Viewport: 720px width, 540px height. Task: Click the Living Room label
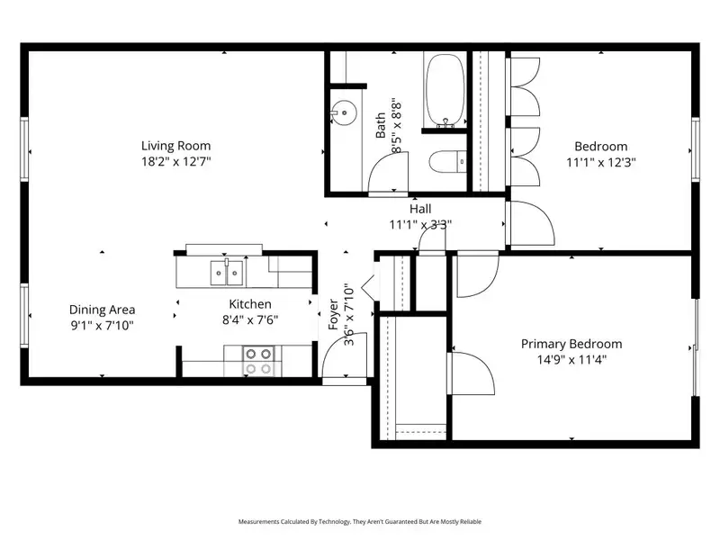point(175,146)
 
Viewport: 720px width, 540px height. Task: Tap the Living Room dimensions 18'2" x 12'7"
point(175,162)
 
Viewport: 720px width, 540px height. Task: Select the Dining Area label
point(102,310)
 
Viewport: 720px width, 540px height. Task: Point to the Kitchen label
point(250,304)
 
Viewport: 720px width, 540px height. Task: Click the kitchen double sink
point(227,273)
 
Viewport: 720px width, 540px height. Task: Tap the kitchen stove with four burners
point(257,361)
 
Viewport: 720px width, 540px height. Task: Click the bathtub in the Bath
point(445,91)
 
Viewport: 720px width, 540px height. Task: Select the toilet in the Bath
point(447,162)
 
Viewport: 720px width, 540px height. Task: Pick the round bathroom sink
point(344,112)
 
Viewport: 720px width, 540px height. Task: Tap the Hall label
point(420,210)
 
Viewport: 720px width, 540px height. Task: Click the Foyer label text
point(333,314)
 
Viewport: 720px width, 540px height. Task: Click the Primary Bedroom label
point(571,344)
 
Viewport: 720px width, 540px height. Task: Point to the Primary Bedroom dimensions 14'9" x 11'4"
point(571,359)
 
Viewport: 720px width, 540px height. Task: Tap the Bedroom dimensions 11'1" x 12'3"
point(601,162)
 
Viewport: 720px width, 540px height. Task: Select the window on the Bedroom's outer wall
point(696,149)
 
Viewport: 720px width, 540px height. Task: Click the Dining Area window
point(24,316)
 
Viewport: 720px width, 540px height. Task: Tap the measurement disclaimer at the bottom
point(359,522)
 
